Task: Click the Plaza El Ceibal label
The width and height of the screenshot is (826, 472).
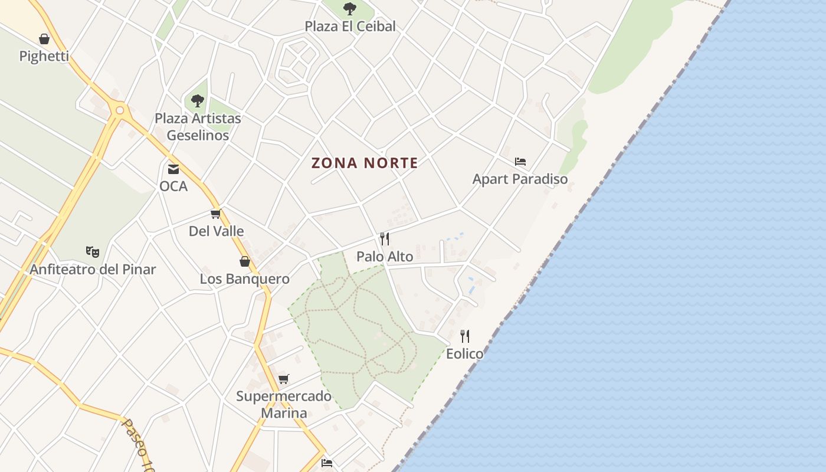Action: click(x=350, y=27)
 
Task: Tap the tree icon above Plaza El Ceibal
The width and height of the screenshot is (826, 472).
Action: click(x=350, y=9)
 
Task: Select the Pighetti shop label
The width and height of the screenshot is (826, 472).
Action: click(x=44, y=57)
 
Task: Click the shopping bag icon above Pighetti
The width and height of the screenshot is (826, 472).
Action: click(x=44, y=40)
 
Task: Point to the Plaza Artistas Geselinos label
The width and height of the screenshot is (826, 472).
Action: click(x=198, y=126)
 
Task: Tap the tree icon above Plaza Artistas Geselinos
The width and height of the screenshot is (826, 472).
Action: click(x=198, y=101)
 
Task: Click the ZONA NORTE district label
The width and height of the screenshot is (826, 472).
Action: click(x=365, y=163)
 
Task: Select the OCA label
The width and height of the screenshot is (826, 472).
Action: click(x=173, y=186)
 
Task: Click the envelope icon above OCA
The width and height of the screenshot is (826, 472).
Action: click(x=173, y=169)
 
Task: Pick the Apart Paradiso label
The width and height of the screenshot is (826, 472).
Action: click(x=520, y=179)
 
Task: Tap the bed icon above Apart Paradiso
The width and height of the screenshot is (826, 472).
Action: click(x=520, y=162)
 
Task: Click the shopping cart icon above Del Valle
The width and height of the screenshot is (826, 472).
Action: click(x=216, y=214)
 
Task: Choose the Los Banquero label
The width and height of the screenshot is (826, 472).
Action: click(x=244, y=278)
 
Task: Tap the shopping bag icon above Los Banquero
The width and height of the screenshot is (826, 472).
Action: click(x=245, y=261)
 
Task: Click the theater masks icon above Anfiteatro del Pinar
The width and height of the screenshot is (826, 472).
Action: click(x=93, y=252)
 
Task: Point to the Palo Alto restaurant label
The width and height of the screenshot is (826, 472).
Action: click(x=385, y=256)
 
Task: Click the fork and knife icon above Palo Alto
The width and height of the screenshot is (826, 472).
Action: click(x=385, y=239)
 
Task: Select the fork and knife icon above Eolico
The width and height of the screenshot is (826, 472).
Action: click(x=465, y=336)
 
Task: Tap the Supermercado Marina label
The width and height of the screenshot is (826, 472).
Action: click(x=284, y=404)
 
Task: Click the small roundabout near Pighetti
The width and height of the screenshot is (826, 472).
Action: click(x=120, y=110)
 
